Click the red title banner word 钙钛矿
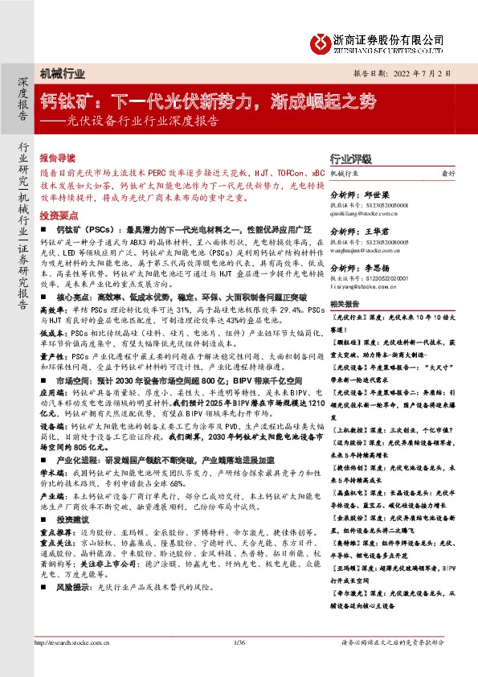(x=63, y=102)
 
